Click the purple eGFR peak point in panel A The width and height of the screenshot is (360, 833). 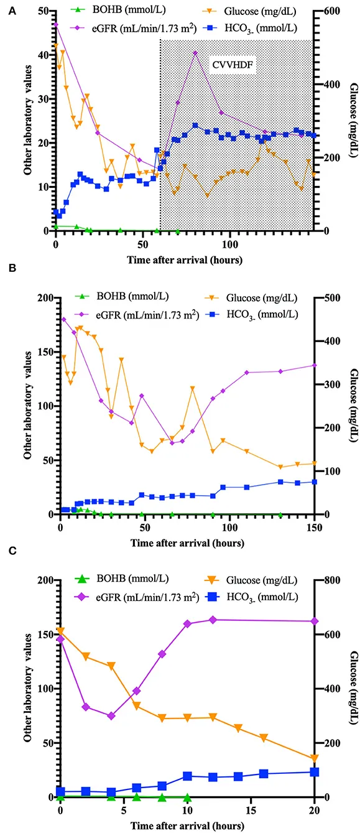(x=195, y=53)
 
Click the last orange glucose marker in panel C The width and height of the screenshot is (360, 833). (x=315, y=758)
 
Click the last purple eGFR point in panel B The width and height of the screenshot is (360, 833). (x=315, y=365)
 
